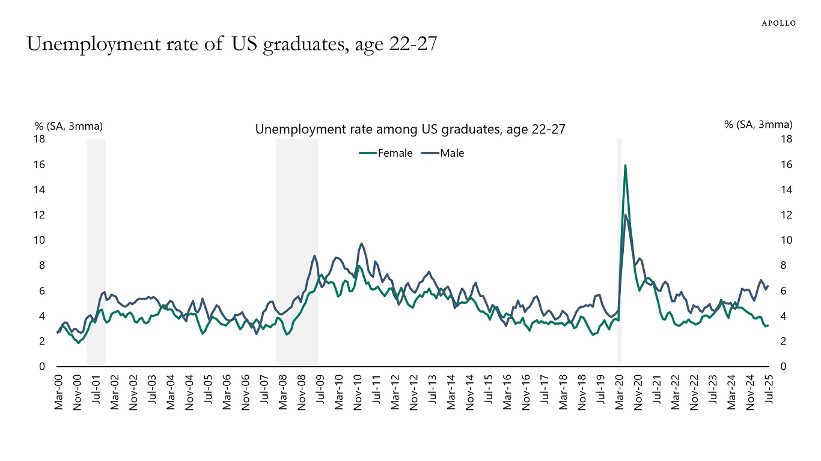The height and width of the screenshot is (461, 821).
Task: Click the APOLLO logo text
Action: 778,23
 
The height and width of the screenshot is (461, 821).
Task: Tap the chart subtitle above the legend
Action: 410,129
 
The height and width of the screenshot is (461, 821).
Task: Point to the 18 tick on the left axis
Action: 40,139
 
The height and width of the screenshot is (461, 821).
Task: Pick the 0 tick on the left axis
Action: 43,367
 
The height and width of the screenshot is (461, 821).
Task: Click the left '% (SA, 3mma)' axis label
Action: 69,125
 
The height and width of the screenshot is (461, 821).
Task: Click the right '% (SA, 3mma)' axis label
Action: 758,125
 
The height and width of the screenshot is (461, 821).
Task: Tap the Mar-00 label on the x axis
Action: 58,393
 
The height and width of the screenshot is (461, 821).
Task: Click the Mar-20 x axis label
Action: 620,393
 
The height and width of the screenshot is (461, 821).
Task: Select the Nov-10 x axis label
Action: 358,393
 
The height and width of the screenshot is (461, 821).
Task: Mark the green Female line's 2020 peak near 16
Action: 625,165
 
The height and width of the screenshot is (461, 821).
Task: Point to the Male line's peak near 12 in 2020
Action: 626,215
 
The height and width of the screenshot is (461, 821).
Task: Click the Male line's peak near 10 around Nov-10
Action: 361,244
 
